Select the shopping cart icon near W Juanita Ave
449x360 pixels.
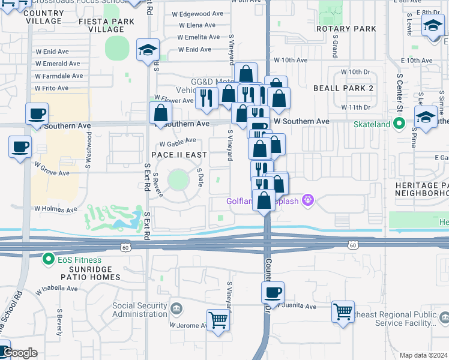[343, 311]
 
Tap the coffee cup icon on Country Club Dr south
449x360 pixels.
[273, 292]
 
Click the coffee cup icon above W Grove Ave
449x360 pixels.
[20, 146]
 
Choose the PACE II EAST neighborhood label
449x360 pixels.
[179, 155]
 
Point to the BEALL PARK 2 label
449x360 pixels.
[343, 88]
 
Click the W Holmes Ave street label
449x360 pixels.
[56, 209]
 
